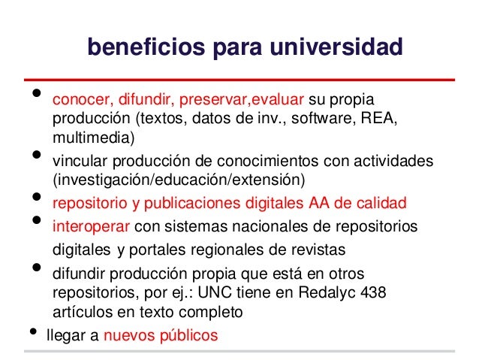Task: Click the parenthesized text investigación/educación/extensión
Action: click(x=179, y=180)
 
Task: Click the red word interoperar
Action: click(x=87, y=226)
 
